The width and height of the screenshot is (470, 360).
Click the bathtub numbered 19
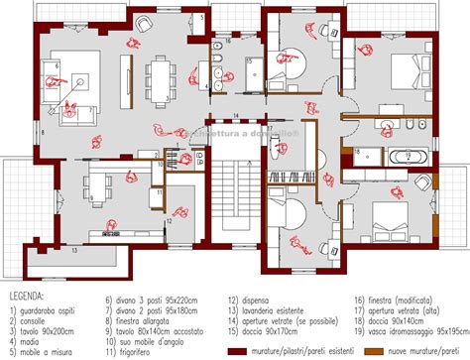click(x=407, y=156)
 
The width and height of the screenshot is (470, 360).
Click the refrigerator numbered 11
click(x=159, y=182)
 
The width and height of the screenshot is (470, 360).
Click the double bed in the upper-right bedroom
click(x=404, y=72)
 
